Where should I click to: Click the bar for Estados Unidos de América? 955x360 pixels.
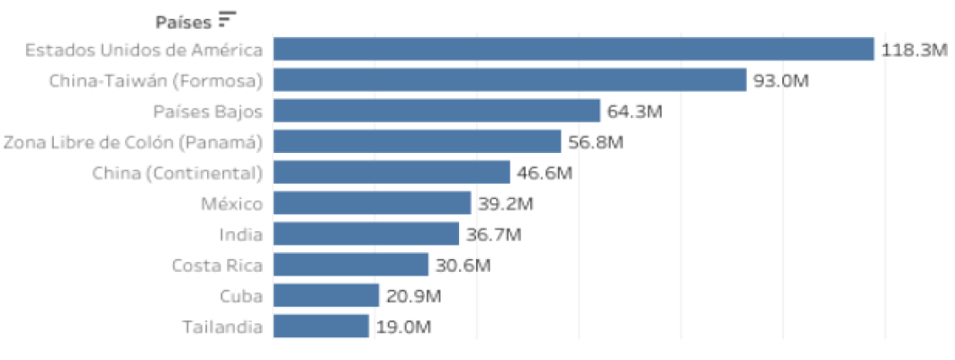(573, 49)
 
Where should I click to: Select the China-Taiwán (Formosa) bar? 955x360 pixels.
(509, 80)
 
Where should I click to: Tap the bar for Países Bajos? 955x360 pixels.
(437, 111)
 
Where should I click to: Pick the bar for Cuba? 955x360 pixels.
(326, 295)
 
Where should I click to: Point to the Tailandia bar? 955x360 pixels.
(321, 326)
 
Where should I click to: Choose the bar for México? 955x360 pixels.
(372, 203)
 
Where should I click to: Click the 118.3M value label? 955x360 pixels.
(914, 50)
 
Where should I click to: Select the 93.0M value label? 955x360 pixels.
(781, 81)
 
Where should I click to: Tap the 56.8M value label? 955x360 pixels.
(596, 142)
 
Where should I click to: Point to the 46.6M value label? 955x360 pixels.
(545, 173)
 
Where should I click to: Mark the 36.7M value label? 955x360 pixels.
(493, 235)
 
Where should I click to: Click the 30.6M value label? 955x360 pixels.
(463, 265)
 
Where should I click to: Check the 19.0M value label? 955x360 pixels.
(403, 327)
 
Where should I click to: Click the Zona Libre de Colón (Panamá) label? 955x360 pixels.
(133, 142)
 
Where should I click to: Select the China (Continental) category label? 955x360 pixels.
(177, 173)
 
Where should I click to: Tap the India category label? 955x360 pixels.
(240, 235)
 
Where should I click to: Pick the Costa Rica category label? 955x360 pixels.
(217, 265)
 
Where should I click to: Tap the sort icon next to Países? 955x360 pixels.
(227, 18)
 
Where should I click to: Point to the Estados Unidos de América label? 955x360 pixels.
(144, 49)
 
